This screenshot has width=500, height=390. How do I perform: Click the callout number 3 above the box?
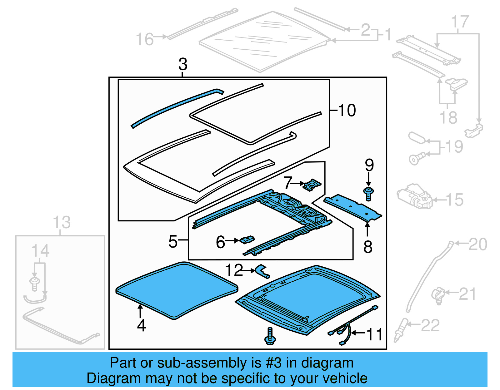pos(183,64)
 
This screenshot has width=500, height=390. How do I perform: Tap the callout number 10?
pos(347,110)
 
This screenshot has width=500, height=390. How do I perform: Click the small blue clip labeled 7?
pos(312,185)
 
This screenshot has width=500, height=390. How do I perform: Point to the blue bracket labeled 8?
pos(353,208)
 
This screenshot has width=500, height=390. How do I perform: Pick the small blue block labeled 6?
pos(247,240)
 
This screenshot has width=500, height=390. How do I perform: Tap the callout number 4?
pos(141,325)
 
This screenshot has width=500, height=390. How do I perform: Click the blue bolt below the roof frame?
pos(270,337)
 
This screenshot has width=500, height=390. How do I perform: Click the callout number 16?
pos(145,40)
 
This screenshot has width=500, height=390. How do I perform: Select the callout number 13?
pos(62,222)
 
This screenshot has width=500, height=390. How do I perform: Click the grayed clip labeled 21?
pos(438,295)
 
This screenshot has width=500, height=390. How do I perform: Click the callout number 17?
pos(460,22)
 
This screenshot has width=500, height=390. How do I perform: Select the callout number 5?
pos(173,241)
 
